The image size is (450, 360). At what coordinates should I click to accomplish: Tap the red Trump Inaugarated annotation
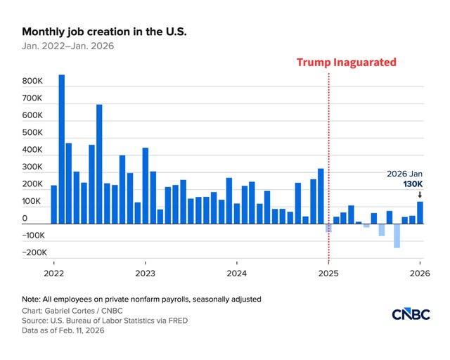point(346,63)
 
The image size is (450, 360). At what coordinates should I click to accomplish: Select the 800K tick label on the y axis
point(32,82)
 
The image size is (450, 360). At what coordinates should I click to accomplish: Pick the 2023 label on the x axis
point(146,272)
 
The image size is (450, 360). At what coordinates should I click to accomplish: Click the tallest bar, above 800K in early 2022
point(62,148)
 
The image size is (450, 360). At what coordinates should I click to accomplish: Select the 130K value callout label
point(414,184)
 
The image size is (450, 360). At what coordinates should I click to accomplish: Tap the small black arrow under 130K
point(420,195)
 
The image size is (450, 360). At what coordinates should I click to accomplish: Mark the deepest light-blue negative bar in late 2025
point(397,236)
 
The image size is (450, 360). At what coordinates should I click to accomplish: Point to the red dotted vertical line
point(329,141)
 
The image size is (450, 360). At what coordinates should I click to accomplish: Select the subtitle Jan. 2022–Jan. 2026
point(67,46)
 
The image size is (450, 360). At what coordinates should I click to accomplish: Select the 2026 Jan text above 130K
point(406,174)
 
